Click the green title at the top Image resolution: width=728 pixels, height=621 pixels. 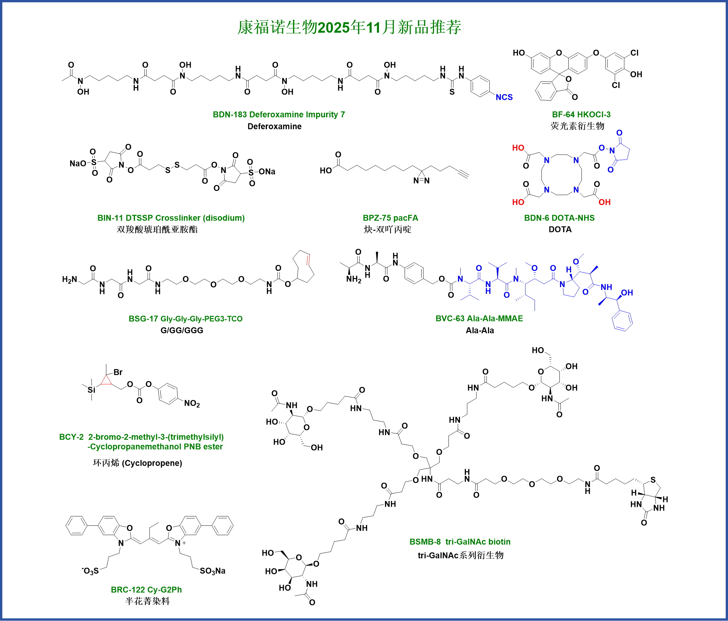349,27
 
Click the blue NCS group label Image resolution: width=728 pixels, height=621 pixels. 504,98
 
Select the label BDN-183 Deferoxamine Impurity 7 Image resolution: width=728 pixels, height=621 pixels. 279,115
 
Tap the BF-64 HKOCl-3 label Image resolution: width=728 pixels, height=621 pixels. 581,115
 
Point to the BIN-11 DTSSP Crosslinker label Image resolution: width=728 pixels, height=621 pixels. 171,218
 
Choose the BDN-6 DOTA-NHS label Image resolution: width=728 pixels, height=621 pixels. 559,218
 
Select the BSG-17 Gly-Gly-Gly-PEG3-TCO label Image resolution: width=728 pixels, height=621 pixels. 185,319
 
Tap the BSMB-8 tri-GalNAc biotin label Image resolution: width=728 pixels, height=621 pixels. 460,542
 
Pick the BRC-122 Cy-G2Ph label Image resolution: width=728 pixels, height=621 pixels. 146,590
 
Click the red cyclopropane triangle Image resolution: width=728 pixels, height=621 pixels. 106,380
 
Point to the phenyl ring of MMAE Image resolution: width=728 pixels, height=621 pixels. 622,321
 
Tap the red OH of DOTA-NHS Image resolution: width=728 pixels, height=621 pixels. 604,202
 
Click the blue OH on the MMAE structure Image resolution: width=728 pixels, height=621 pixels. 627,293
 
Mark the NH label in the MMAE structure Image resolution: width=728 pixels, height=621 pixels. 607,287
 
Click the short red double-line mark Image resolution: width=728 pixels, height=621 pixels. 308,260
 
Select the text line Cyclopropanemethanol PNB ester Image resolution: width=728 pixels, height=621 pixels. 155,447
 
